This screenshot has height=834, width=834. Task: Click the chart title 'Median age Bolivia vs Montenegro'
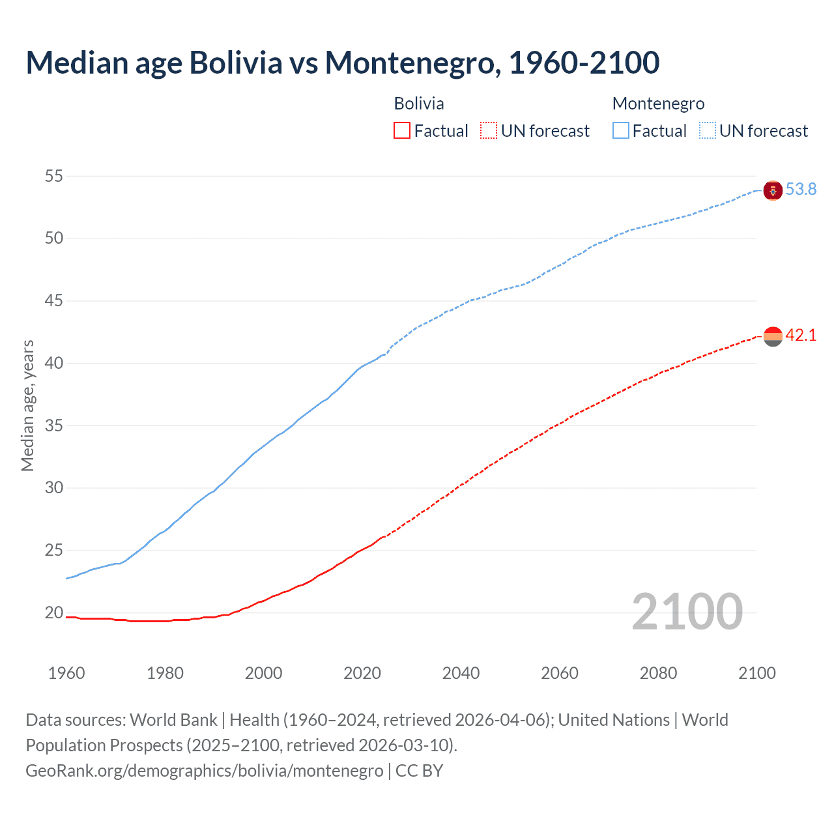coord(342,63)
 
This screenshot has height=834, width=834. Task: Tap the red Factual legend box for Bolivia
coord(402,131)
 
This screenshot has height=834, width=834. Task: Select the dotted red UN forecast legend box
coord(489,131)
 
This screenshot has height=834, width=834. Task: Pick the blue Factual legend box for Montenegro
coord(621,131)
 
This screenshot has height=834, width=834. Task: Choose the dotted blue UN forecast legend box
coord(708,131)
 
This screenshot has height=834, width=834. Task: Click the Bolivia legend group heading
coord(419,104)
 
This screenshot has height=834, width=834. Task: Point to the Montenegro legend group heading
coord(658,104)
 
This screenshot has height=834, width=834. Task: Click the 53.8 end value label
coord(801,190)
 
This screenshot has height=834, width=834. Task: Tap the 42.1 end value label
coord(801,336)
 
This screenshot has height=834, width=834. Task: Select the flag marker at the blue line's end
coord(773,190)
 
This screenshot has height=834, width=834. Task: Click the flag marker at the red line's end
coord(773,336)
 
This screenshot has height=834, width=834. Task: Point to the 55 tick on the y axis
coord(54,176)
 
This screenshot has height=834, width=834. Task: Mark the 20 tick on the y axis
coord(54,612)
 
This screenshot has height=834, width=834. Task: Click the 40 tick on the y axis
coord(54,363)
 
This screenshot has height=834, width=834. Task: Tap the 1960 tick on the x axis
coord(66,673)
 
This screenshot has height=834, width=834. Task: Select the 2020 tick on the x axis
coord(362,673)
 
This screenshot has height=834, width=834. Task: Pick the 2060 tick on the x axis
coord(560,673)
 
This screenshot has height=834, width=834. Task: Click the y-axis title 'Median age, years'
coord(27,405)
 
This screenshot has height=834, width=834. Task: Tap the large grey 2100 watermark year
coord(687,611)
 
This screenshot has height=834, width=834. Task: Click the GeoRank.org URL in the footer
coord(205,770)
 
